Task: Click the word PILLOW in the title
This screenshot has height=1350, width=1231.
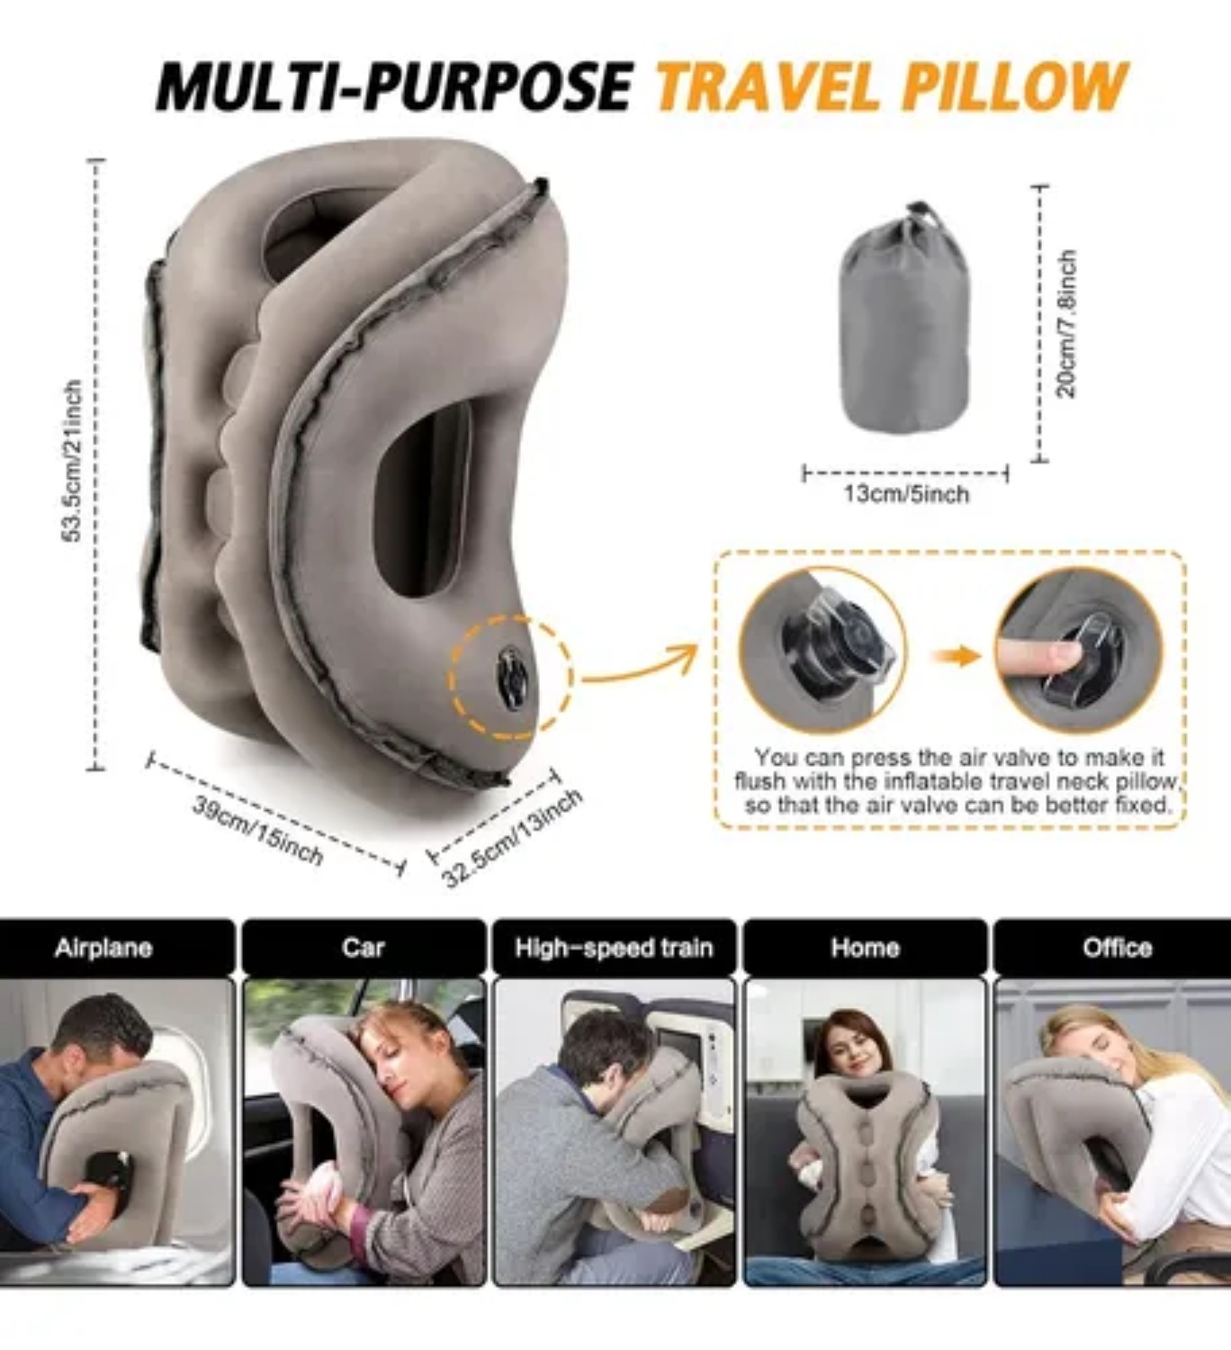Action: (1014, 87)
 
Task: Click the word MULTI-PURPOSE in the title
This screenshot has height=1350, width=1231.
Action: (394, 87)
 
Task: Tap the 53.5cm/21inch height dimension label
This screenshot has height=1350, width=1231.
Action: (72, 461)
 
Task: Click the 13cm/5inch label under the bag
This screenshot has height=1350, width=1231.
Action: (906, 494)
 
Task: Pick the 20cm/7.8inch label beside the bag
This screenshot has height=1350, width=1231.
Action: (1066, 324)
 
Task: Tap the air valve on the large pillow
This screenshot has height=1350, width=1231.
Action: (511, 677)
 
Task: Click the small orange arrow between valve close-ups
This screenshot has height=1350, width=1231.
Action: (956, 655)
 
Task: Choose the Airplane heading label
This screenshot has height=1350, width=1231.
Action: (103, 948)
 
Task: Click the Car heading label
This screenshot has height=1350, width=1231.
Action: (363, 948)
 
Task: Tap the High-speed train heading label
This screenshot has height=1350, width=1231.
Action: (614, 948)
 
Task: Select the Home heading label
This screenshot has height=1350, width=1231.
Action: (865, 948)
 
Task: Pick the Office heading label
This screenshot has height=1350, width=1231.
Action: (1117, 948)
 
